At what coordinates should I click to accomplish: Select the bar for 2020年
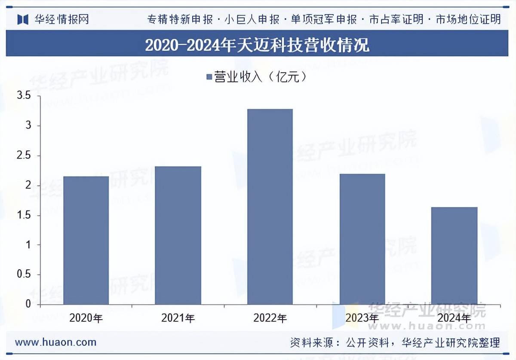tap(86, 241)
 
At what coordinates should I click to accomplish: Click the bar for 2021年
tap(178, 235)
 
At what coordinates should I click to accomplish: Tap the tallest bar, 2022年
tap(270, 207)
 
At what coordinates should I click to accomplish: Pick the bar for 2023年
tap(362, 239)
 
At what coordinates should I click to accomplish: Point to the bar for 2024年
tap(454, 256)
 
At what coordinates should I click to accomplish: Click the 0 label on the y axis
tap(28, 304)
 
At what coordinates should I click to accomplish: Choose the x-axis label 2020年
tap(86, 318)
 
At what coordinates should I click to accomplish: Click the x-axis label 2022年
tap(270, 318)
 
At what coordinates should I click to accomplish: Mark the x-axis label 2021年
tap(178, 318)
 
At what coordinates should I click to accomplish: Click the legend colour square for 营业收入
tap(209, 77)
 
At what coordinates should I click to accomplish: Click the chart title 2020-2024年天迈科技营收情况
tap(257, 45)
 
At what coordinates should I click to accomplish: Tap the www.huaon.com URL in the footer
tap(56, 342)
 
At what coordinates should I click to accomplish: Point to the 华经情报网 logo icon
tap(23, 19)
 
